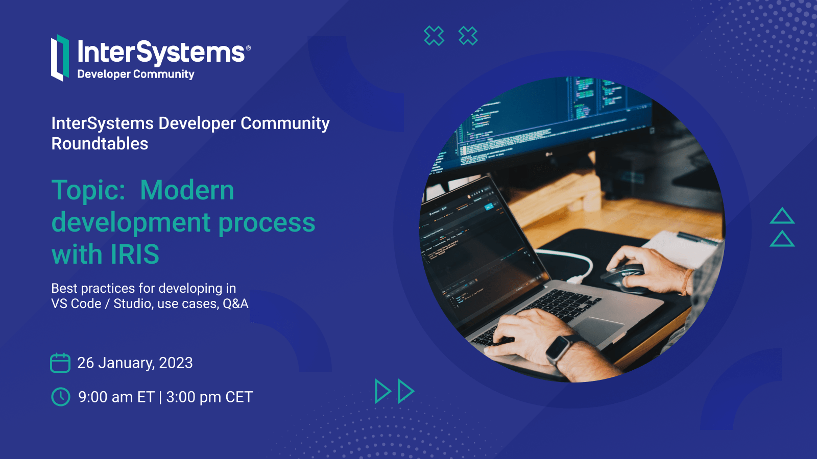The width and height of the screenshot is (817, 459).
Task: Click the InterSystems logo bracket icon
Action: point(60,58)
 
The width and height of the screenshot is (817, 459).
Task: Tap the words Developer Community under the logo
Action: point(136,74)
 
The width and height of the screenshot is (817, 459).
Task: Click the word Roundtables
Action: point(100,143)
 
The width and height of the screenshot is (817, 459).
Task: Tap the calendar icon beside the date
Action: point(60,363)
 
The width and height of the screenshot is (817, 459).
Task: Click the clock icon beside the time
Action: point(61,397)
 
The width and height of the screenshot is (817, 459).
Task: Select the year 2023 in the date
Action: point(176,363)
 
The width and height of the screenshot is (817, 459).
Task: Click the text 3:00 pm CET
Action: point(209,397)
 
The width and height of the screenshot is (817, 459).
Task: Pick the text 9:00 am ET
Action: point(116,397)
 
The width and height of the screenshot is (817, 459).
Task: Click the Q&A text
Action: point(235,303)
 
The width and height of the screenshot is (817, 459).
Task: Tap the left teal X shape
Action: point(434,36)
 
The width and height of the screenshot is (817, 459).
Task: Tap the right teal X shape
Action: point(468,36)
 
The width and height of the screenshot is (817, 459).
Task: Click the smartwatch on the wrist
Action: point(559,348)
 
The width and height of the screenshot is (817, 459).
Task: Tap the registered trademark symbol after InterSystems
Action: point(248,48)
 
